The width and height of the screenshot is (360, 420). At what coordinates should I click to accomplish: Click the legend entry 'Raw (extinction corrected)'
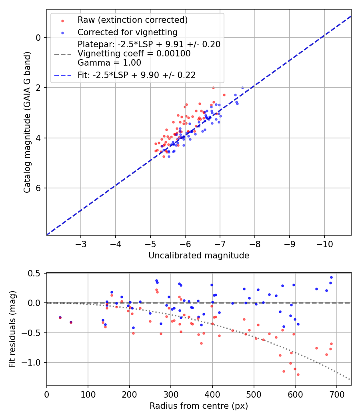click(x=132, y=20)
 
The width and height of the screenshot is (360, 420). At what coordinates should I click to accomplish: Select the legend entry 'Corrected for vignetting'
click(x=127, y=32)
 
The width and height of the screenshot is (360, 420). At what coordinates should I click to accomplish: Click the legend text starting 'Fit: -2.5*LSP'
click(x=136, y=75)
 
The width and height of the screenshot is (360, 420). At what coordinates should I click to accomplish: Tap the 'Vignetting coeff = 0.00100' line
click(x=134, y=53)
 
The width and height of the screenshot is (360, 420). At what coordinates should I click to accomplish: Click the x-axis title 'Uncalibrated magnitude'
click(x=199, y=255)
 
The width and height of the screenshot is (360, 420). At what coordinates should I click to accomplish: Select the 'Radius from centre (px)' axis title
click(x=199, y=406)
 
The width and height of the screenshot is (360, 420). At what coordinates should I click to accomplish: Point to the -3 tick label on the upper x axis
click(x=81, y=244)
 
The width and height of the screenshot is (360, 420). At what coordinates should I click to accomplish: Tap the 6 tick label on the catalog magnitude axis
click(x=38, y=188)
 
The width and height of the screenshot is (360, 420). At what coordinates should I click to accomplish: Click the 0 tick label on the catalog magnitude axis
click(x=38, y=38)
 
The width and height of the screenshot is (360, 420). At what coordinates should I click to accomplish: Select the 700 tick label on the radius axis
click(x=336, y=394)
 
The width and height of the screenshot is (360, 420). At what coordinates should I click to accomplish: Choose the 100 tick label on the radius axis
click(x=88, y=394)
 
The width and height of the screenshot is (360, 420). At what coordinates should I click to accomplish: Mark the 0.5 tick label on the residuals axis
click(x=35, y=273)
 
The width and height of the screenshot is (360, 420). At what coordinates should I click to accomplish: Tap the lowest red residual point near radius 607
click(x=298, y=374)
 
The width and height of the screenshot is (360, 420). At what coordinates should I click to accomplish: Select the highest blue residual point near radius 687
click(x=331, y=277)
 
